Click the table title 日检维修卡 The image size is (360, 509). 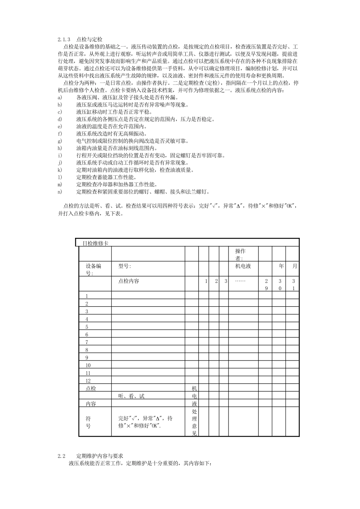(95, 243)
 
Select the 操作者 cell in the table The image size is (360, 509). (240, 254)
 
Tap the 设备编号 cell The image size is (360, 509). (93, 269)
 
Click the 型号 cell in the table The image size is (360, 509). (124, 266)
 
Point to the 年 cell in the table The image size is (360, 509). (281, 266)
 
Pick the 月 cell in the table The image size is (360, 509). (294, 266)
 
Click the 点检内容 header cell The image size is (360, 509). (129, 281)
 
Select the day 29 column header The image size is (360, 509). (266, 284)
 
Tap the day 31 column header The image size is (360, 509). (293, 284)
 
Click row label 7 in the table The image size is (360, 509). (87, 342)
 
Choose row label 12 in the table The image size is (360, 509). (88, 381)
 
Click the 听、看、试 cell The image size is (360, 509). (131, 396)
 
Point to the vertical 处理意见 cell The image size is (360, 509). (194, 422)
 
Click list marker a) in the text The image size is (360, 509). (59, 97)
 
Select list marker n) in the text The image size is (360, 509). (59, 192)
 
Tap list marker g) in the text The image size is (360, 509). (59, 141)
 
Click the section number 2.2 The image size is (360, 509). (62, 456)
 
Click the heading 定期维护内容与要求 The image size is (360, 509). (100, 456)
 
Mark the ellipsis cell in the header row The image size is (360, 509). (240, 281)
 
